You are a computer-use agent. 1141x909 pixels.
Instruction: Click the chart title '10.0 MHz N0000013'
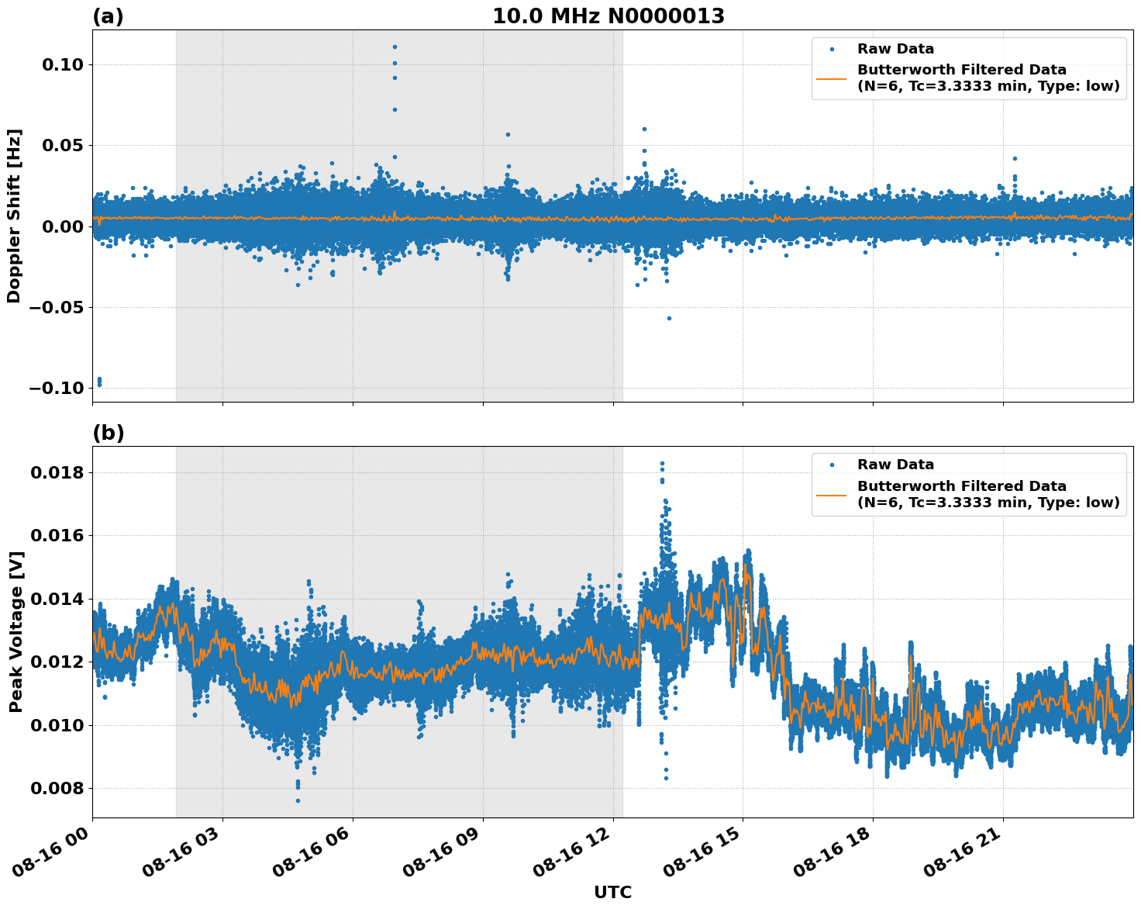608,16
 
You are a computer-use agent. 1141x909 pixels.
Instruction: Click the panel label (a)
108,16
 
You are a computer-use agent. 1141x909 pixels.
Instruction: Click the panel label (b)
108,433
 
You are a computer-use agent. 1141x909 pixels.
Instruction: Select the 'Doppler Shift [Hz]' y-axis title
14,216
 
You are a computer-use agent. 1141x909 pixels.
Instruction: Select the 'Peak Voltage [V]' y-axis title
16,631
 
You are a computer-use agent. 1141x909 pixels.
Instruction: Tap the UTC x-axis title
612,892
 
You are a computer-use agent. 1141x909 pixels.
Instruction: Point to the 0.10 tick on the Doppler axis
63,64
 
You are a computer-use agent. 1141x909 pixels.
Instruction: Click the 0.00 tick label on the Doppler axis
63,226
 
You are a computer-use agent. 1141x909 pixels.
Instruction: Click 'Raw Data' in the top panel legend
895,49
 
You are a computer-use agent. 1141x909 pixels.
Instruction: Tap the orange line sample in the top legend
832,78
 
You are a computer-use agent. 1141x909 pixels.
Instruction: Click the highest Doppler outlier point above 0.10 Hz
395,47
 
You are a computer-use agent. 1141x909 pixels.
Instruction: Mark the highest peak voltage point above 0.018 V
661,463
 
